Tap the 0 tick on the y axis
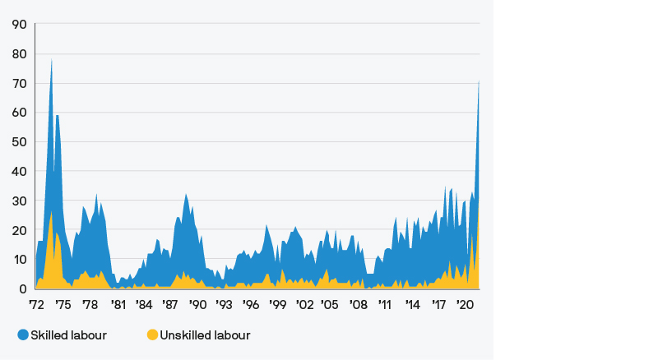[24, 289]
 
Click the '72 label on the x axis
[36, 304]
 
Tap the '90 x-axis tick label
[197, 304]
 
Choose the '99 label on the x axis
[277, 304]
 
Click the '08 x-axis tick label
[358, 304]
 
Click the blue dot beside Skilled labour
[23, 335]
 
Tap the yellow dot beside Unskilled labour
[152, 335]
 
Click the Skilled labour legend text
[68, 335]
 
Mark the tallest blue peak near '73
[52, 60]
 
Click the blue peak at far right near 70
[479, 81]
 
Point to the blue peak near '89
[187, 195]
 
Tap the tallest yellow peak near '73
[51, 212]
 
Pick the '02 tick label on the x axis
[304, 304]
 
